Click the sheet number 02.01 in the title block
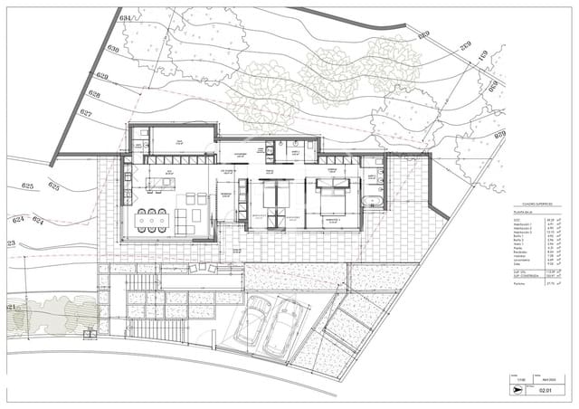(x=544, y=393)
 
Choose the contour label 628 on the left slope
(x=93, y=94)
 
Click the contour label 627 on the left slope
(x=86, y=113)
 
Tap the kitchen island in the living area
(x=166, y=185)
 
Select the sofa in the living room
(x=182, y=217)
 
